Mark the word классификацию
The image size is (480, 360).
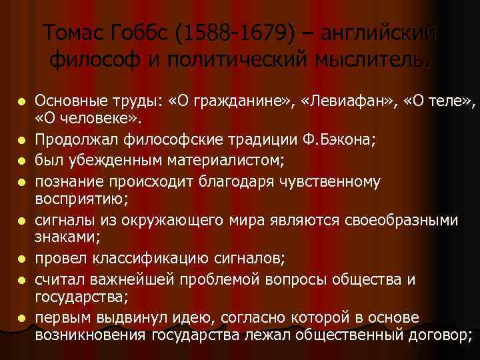[169, 257]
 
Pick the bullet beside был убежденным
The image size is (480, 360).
[23, 161]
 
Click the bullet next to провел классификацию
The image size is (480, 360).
[23, 257]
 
